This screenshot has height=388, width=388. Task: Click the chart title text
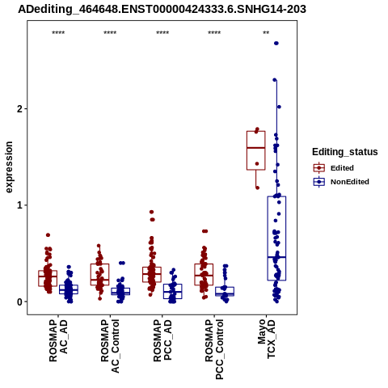click(x=162, y=10)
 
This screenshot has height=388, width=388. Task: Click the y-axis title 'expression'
click(x=9, y=167)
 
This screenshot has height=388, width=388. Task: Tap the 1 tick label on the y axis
click(x=19, y=205)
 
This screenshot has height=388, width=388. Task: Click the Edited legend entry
click(x=333, y=168)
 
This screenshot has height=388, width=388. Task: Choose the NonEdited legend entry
click(x=341, y=182)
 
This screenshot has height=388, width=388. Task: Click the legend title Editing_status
click(x=344, y=152)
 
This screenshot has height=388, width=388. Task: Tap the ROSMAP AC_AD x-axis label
click(x=58, y=340)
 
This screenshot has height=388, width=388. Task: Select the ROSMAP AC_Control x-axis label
click(x=110, y=346)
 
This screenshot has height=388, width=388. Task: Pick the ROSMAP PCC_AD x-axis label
click(x=162, y=340)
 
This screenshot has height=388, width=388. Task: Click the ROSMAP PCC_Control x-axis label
click(x=214, y=349)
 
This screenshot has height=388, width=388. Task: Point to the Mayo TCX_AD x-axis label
click(x=266, y=339)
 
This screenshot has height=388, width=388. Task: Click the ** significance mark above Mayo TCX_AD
click(x=266, y=33)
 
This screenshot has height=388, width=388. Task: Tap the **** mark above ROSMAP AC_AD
click(x=58, y=33)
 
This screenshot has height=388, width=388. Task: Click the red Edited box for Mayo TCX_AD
click(x=256, y=131)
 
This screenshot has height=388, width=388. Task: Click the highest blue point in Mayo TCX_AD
click(x=276, y=43)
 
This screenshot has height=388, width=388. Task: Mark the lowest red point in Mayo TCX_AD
click(x=257, y=188)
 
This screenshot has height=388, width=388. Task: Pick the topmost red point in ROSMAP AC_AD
click(x=48, y=235)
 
